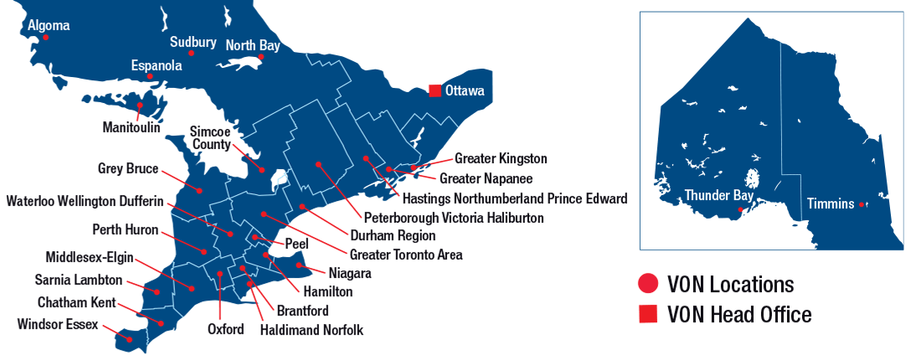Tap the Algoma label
pyautogui.click(x=49, y=25)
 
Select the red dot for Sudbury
pyautogui.click(x=192, y=54)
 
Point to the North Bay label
pyautogui.click(x=251, y=44)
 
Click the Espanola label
pyautogui.click(x=156, y=64)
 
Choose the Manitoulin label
pyautogui.click(x=131, y=128)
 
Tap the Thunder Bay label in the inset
pyautogui.click(x=718, y=195)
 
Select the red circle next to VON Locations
pyautogui.click(x=647, y=285)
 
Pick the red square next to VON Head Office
pyautogui.click(x=647, y=315)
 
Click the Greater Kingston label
pyautogui.click(x=501, y=158)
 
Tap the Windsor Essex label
pyautogui.click(x=58, y=324)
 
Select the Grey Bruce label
pyautogui.click(x=128, y=169)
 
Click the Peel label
pyautogui.click(x=296, y=244)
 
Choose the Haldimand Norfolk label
pyautogui.click(x=311, y=330)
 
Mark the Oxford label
pyautogui.click(x=226, y=329)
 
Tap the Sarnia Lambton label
pyautogui.click(x=79, y=280)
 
